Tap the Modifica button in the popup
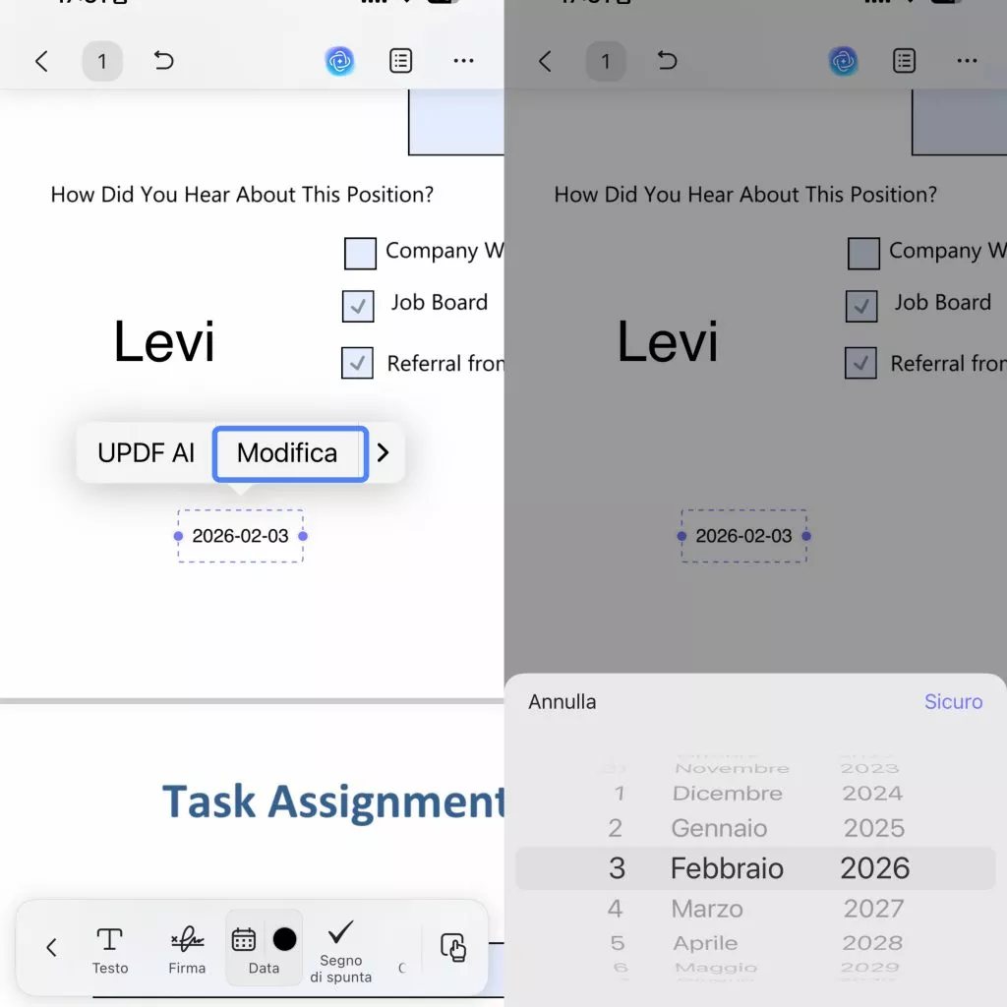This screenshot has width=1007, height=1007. [288, 453]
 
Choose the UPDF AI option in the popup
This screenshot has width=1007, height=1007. [146, 453]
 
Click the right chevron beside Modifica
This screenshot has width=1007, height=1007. [384, 453]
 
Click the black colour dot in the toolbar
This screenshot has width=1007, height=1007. [284, 939]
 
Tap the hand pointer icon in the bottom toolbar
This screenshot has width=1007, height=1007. [453, 947]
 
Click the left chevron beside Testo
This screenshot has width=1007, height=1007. [51, 948]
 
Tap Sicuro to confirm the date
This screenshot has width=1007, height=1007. [953, 701]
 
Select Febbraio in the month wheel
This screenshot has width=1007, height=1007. [727, 868]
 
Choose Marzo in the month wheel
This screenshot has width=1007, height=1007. [707, 909]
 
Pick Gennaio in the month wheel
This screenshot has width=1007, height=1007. [719, 828]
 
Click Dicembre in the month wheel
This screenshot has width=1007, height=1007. [727, 793]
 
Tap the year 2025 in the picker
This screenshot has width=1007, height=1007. [873, 828]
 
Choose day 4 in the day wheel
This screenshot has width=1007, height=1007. [615, 909]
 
